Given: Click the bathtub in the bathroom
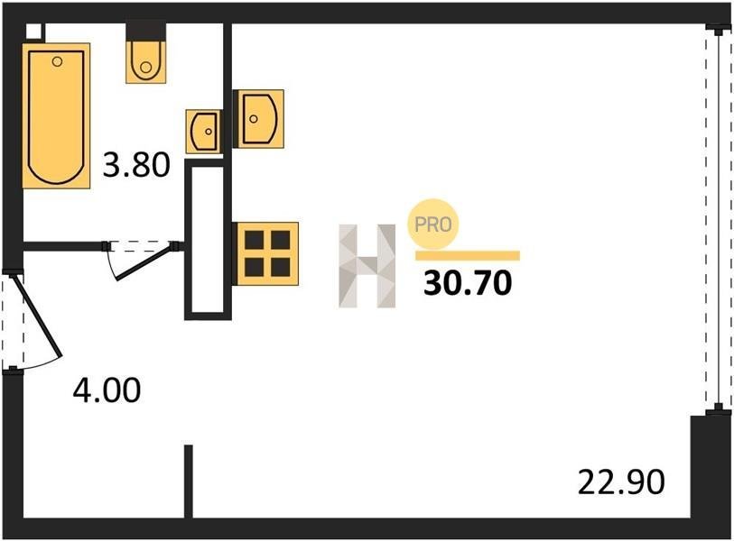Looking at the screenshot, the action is point(56,116).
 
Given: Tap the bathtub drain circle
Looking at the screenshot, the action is point(57,61).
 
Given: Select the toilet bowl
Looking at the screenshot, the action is point(145,61).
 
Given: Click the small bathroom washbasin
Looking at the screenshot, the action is point(204,132).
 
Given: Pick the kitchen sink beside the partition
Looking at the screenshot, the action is point(259,119).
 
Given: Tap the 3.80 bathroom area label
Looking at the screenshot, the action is point(136,165).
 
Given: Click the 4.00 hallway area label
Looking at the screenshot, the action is point(107,390).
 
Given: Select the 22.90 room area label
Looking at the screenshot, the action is point(621,482).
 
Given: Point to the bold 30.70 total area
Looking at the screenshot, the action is point(468,283).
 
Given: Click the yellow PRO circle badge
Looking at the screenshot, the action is point(433,224).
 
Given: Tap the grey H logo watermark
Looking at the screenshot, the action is point(367,266).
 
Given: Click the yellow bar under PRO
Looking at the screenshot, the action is point(467,255).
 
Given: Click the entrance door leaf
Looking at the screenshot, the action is point(36,316).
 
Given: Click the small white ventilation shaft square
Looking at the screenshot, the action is point(34,32).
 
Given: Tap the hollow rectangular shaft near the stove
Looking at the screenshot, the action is point(208,240).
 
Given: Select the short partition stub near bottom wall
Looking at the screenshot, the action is point(188,481).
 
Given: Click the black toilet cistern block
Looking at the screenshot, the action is point(146,32).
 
